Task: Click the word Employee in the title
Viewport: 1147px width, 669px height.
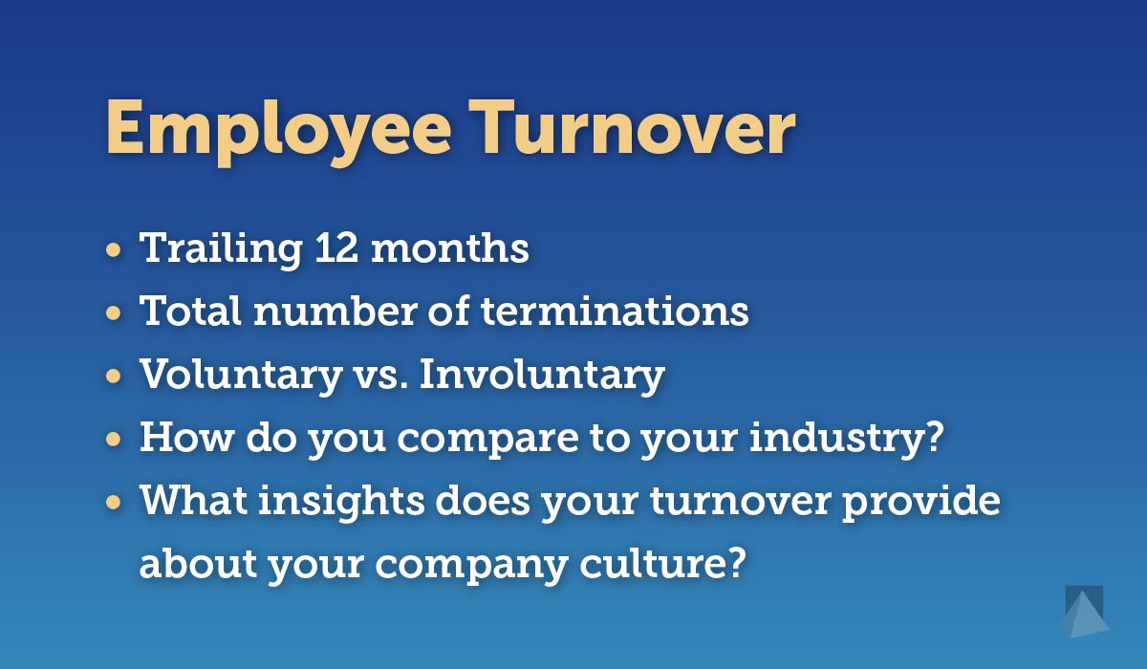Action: (x=278, y=132)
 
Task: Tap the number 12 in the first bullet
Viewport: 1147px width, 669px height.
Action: (x=335, y=248)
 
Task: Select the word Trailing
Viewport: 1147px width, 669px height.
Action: (x=221, y=249)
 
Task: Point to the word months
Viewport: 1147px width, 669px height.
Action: (x=449, y=248)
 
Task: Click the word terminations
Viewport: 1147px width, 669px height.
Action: (x=615, y=311)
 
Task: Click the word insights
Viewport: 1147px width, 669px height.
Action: (x=341, y=502)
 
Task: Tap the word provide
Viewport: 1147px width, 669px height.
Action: (x=921, y=502)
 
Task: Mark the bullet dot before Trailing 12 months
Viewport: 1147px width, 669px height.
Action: (x=113, y=250)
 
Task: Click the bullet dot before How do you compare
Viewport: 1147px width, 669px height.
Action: (x=113, y=440)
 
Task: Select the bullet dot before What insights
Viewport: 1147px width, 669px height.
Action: (x=113, y=503)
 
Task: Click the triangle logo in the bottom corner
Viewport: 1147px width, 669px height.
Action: (x=1085, y=613)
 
